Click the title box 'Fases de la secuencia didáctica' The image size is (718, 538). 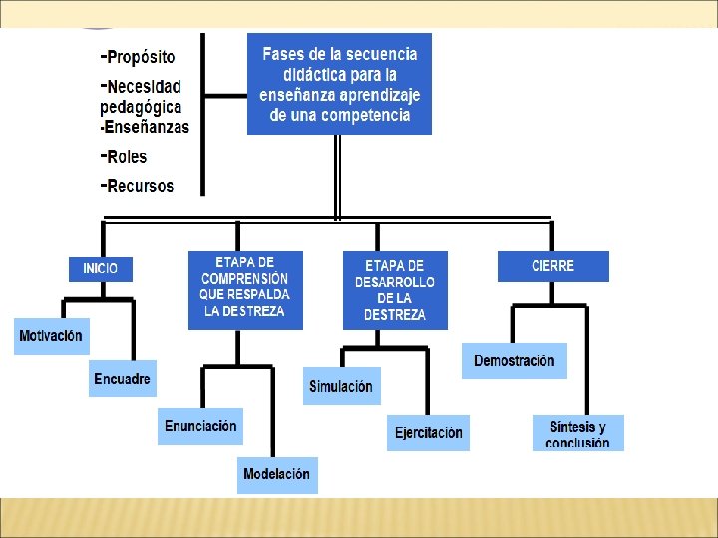pos(339,84)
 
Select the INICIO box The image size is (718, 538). pos(100,268)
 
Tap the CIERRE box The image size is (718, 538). pos(552,266)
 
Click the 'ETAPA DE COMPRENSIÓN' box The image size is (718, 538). pos(245,289)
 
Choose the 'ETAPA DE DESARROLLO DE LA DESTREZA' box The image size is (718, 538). pos(395,290)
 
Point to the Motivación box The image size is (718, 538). pos(51,336)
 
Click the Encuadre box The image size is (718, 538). pos(123,379)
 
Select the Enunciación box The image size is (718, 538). pos(200,426)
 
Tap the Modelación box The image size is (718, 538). pos(276,475)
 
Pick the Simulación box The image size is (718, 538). pos(341,387)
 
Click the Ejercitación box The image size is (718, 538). pos(428,433)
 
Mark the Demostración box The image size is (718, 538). pos(514,360)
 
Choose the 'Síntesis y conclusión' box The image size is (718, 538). pos(577,433)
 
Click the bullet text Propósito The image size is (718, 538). pos(140,57)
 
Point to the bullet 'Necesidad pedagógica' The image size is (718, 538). pos(143,96)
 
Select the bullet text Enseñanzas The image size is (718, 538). pos(148,127)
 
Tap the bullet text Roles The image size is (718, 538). pos(126,156)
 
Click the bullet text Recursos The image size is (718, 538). pos(139,186)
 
